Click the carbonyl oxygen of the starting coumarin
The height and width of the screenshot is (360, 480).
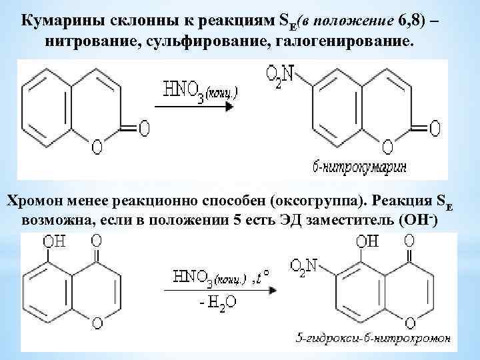click(x=143, y=126)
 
